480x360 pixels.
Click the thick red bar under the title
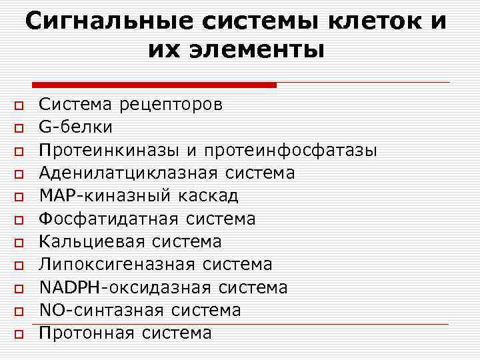coord(153,85)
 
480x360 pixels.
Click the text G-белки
coord(75,127)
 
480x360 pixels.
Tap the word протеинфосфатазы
coord(291,151)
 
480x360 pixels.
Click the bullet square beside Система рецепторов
coord(19,105)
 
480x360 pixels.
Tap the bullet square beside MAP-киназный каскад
coord(19,197)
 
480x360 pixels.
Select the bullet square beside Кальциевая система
coord(19,243)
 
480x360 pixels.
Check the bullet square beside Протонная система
coord(19,333)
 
